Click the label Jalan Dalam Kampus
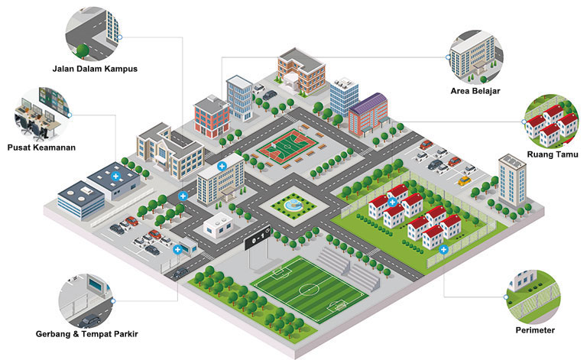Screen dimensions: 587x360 point(95,69)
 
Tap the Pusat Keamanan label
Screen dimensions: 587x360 point(41,148)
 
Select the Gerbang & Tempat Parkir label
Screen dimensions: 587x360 point(87,334)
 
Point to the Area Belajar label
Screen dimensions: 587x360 point(475,91)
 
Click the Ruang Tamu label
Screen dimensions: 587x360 point(553,154)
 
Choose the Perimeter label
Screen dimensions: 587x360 point(535,330)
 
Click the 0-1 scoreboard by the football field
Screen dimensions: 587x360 point(258,238)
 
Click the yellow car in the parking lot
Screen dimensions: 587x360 point(464,180)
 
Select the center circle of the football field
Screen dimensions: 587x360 point(309,289)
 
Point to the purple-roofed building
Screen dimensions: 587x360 point(368,114)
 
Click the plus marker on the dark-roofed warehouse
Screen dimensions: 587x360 point(115,177)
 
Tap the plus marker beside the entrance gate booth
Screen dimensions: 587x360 point(177,249)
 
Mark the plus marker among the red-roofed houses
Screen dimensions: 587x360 point(392,203)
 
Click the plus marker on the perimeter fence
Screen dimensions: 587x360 point(443,249)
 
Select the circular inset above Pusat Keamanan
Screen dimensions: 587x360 point(42,115)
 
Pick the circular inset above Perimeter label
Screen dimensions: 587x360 point(533,297)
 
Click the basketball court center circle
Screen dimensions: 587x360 point(287,148)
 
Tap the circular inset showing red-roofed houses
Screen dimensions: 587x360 point(551,122)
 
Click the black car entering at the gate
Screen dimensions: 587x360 point(180,273)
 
